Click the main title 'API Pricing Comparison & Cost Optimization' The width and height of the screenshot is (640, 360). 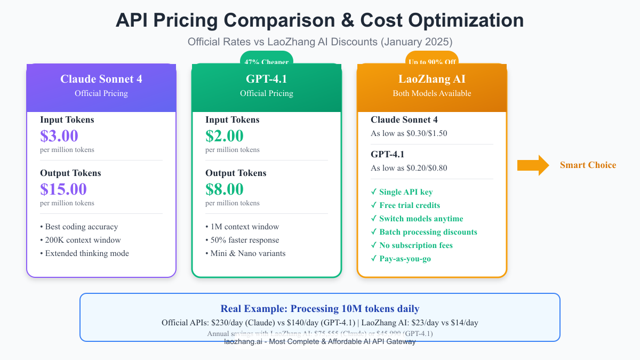(x=319, y=20)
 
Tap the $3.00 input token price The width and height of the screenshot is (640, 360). (x=59, y=136)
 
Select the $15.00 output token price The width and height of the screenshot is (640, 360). (x=63, y=189)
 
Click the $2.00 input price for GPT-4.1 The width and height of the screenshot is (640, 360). (x=225, y=136)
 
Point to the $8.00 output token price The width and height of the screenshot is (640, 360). (x=225, y=189)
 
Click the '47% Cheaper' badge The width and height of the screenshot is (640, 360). (x=267, y=60)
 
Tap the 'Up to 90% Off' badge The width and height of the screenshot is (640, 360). (x=431, y=60)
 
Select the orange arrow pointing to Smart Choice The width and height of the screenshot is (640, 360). (x=533, y=165)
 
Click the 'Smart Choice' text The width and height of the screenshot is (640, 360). (x=588, y=165)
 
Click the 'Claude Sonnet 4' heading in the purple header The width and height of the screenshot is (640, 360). (x=101, y=79)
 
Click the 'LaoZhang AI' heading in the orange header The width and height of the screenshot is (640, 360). (x=432, y=79)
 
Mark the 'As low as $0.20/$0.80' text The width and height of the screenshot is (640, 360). (x=409, y=168)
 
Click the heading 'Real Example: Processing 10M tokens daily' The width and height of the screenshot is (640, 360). (x=319, y=309)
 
